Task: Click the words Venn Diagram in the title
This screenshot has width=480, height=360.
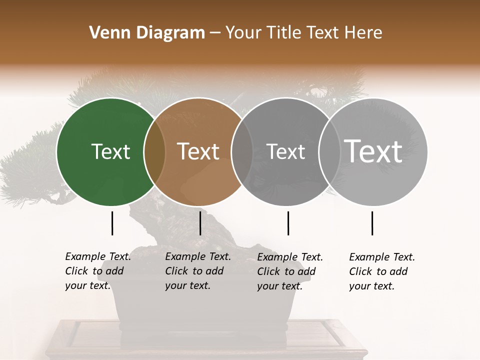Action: pyautogui.click(x=147, y=33)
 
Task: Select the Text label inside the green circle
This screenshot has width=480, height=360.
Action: pyautogui.click(x=110, y=151)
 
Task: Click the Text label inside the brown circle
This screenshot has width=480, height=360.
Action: pyautogui.click(x=198, y=151)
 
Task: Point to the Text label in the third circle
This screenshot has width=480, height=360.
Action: pyautogui.click(x=285, y=151)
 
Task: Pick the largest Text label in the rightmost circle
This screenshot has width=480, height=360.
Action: pyautogui.click(x=373, y=151)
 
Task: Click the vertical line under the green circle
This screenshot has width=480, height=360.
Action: pyautogui.click(x=112, y=223)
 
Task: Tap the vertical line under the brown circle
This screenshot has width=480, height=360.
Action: pyautogui.click(x=200, y=223)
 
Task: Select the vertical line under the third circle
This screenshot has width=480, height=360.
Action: pyautogui.click(x=288, y=223)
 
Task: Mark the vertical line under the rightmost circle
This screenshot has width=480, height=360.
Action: pyautogui.click(x=372, y=223)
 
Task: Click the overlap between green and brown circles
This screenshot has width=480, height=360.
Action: pyautogui.click(x=154, y=151)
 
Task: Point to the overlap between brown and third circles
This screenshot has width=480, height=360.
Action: pyautogui.click(x=241, y=151)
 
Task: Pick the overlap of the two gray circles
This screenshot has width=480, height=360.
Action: pyautogui.click(x=328, y=151)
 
